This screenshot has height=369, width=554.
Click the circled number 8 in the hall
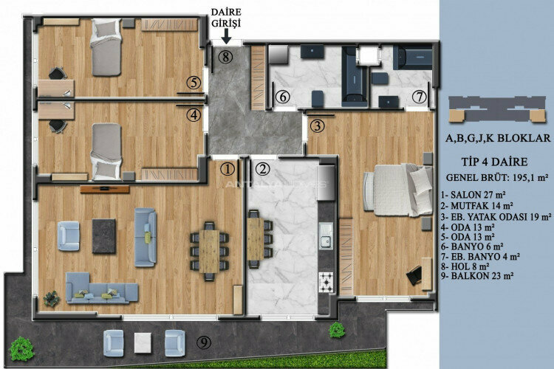[x=226, y=56]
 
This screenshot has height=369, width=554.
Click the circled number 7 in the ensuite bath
[x=418, y=97]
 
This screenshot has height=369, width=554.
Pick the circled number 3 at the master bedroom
[x=316, y=125]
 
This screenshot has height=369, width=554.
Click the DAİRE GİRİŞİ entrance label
[x=226, y=19]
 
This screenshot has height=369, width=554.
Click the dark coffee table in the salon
[x=103, y=235]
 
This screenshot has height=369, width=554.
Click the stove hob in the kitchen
[x=324, y=280]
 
